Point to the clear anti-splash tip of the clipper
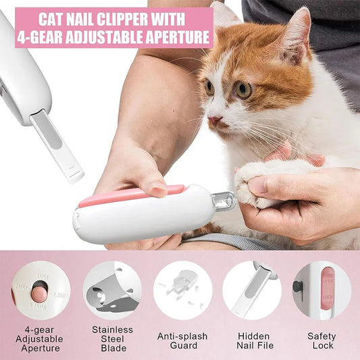[224, 201]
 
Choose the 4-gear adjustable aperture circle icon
[41, 290]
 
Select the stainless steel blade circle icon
[112, 290]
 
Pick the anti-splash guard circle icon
[182, 290]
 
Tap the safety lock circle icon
[322, 290]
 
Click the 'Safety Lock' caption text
[322, 340]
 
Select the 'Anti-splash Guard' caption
[182, 340]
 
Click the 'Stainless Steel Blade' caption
[112, 340]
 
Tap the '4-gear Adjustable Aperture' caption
[41, 340]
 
